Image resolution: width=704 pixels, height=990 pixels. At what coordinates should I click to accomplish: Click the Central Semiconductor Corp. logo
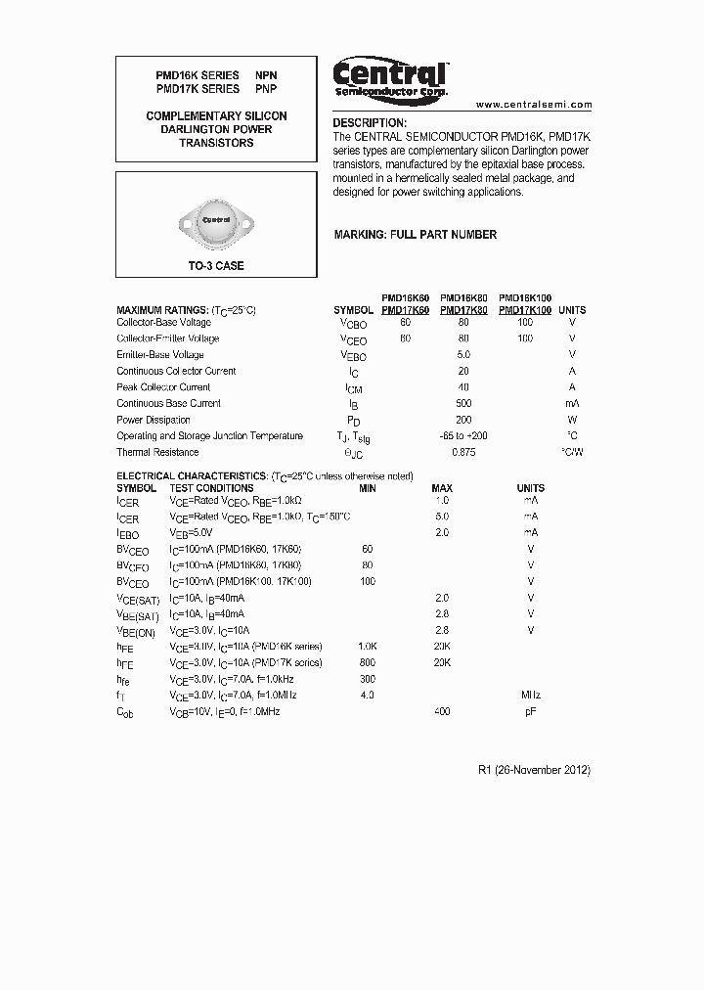tap(389, 77)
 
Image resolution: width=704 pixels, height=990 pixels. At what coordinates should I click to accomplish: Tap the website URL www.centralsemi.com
tap(534, 104)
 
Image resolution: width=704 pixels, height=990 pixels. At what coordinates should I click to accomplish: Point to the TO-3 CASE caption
tap(216, 266)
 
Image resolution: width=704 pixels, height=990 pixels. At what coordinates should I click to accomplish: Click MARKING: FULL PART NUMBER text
tap(415, 235)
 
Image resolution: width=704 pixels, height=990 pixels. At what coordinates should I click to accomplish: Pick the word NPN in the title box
tap(266, 75)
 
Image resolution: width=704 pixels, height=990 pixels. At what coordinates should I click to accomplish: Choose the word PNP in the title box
tap(266, 89)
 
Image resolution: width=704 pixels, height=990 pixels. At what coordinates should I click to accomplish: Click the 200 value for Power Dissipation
tap(463, 420)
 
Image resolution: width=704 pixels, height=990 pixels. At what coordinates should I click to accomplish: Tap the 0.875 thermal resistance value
tap(463, 452)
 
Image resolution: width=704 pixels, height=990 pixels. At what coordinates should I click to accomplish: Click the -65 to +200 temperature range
tap(463, 436)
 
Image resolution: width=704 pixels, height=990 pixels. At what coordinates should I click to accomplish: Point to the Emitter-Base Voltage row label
tap(160, 355)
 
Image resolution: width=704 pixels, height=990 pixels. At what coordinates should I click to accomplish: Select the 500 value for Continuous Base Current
tap(463, 403)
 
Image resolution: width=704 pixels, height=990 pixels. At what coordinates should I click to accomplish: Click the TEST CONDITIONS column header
tap(211, 488)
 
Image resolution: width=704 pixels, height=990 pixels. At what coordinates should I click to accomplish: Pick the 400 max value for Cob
tap(442, 711)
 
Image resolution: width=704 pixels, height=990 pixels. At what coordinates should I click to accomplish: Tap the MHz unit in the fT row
tap(531, 695)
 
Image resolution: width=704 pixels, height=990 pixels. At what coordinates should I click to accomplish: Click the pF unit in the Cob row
tap(531, 711)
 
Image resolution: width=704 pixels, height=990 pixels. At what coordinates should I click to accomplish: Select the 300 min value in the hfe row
tap(368, 679)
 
